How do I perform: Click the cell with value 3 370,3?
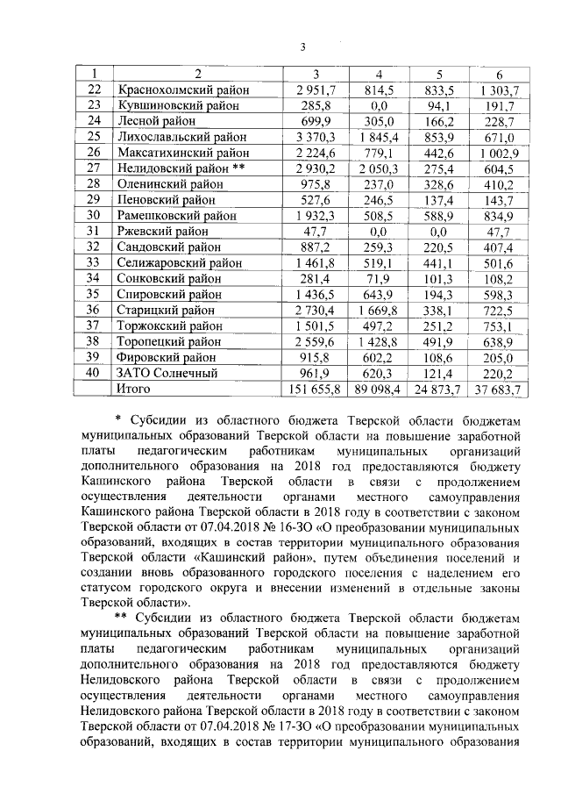pyautogui.click(x=316, y=137)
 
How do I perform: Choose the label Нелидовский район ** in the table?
pyautogui.click(x=178, y=168)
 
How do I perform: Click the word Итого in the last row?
pyautogui.click(x=133, y=388)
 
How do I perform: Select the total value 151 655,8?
pyautogui.click(x=314, y=389)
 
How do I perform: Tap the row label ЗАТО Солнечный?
pyautogui.click(x=162, y=372)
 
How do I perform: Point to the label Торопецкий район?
pyautogui.click(x=168, y=340)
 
